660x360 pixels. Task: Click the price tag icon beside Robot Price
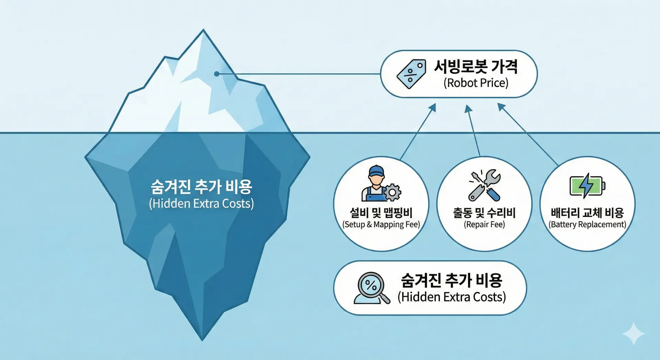[411, 74]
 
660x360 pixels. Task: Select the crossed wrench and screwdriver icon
[485, 185]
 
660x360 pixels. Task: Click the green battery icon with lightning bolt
[587, 186]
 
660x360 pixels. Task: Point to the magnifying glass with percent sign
[372, 288]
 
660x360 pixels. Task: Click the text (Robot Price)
[476, 83]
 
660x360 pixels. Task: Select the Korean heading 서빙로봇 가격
[476, 66]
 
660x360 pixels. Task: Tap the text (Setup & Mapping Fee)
[381, 225]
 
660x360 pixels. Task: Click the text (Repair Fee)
[484, 225]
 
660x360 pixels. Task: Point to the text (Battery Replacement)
[587, 225]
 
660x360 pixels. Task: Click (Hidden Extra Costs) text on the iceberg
[201, 204]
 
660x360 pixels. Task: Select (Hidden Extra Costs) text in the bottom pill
[452, 297]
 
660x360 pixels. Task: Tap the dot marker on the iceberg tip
[217, 74]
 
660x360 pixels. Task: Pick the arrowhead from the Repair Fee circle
[468, 109]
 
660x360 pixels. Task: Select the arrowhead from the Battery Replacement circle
[502, 107]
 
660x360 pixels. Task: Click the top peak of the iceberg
[203, 30]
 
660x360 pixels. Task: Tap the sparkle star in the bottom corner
[634, 334]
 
